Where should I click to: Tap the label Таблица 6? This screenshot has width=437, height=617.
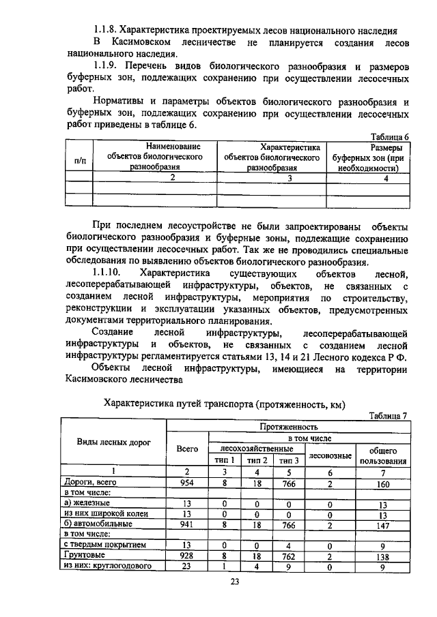tap(389, 136)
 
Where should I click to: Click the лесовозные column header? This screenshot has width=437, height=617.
tap(330, 455)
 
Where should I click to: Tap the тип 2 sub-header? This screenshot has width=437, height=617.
tap(257, 460)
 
